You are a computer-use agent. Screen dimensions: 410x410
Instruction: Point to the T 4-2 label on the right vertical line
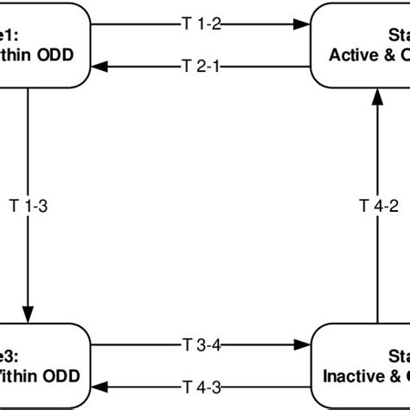(378, 205)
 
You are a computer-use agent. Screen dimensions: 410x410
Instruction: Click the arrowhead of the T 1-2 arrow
(303, 24)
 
